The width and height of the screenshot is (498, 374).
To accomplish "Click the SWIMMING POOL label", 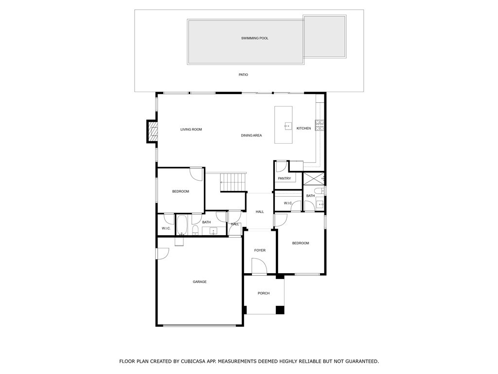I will click(254, 38).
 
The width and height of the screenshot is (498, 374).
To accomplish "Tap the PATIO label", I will click(243, 75).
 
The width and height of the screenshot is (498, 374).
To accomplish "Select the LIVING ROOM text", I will click(191, 130).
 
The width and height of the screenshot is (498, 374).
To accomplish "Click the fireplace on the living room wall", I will click(153, 131).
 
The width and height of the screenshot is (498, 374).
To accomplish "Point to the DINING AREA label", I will click(251, 135).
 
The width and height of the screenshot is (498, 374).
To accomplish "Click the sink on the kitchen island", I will click(287, 126).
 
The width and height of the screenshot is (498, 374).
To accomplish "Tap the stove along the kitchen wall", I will click(320, 126).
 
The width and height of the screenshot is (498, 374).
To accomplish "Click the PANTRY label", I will click(284, 179).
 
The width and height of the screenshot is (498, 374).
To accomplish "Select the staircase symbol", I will click(233, 183).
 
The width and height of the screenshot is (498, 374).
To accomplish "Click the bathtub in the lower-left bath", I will click(182, 225).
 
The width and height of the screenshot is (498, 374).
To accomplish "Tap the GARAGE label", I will click(199, 282).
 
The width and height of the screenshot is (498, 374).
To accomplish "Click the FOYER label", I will click(260, 251).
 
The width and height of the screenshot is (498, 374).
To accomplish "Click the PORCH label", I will click(264, 293).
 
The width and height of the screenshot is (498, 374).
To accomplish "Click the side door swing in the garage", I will click(162, 254).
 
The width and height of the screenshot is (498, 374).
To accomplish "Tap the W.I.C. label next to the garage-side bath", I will click(165, 228).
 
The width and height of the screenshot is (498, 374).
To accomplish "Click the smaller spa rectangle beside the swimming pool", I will click(324, 37).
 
